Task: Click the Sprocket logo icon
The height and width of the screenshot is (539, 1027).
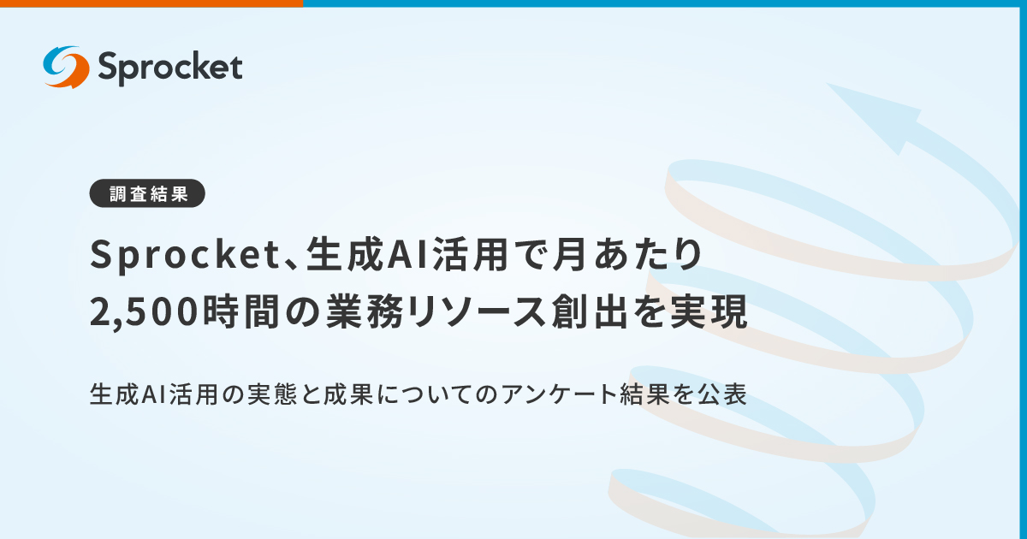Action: click(66, 67)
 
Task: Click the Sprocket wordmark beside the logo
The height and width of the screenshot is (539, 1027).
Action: click(170, 67)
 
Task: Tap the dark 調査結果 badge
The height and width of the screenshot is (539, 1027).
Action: click(148, 194)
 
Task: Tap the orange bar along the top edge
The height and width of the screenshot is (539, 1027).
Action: click(151, 3)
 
